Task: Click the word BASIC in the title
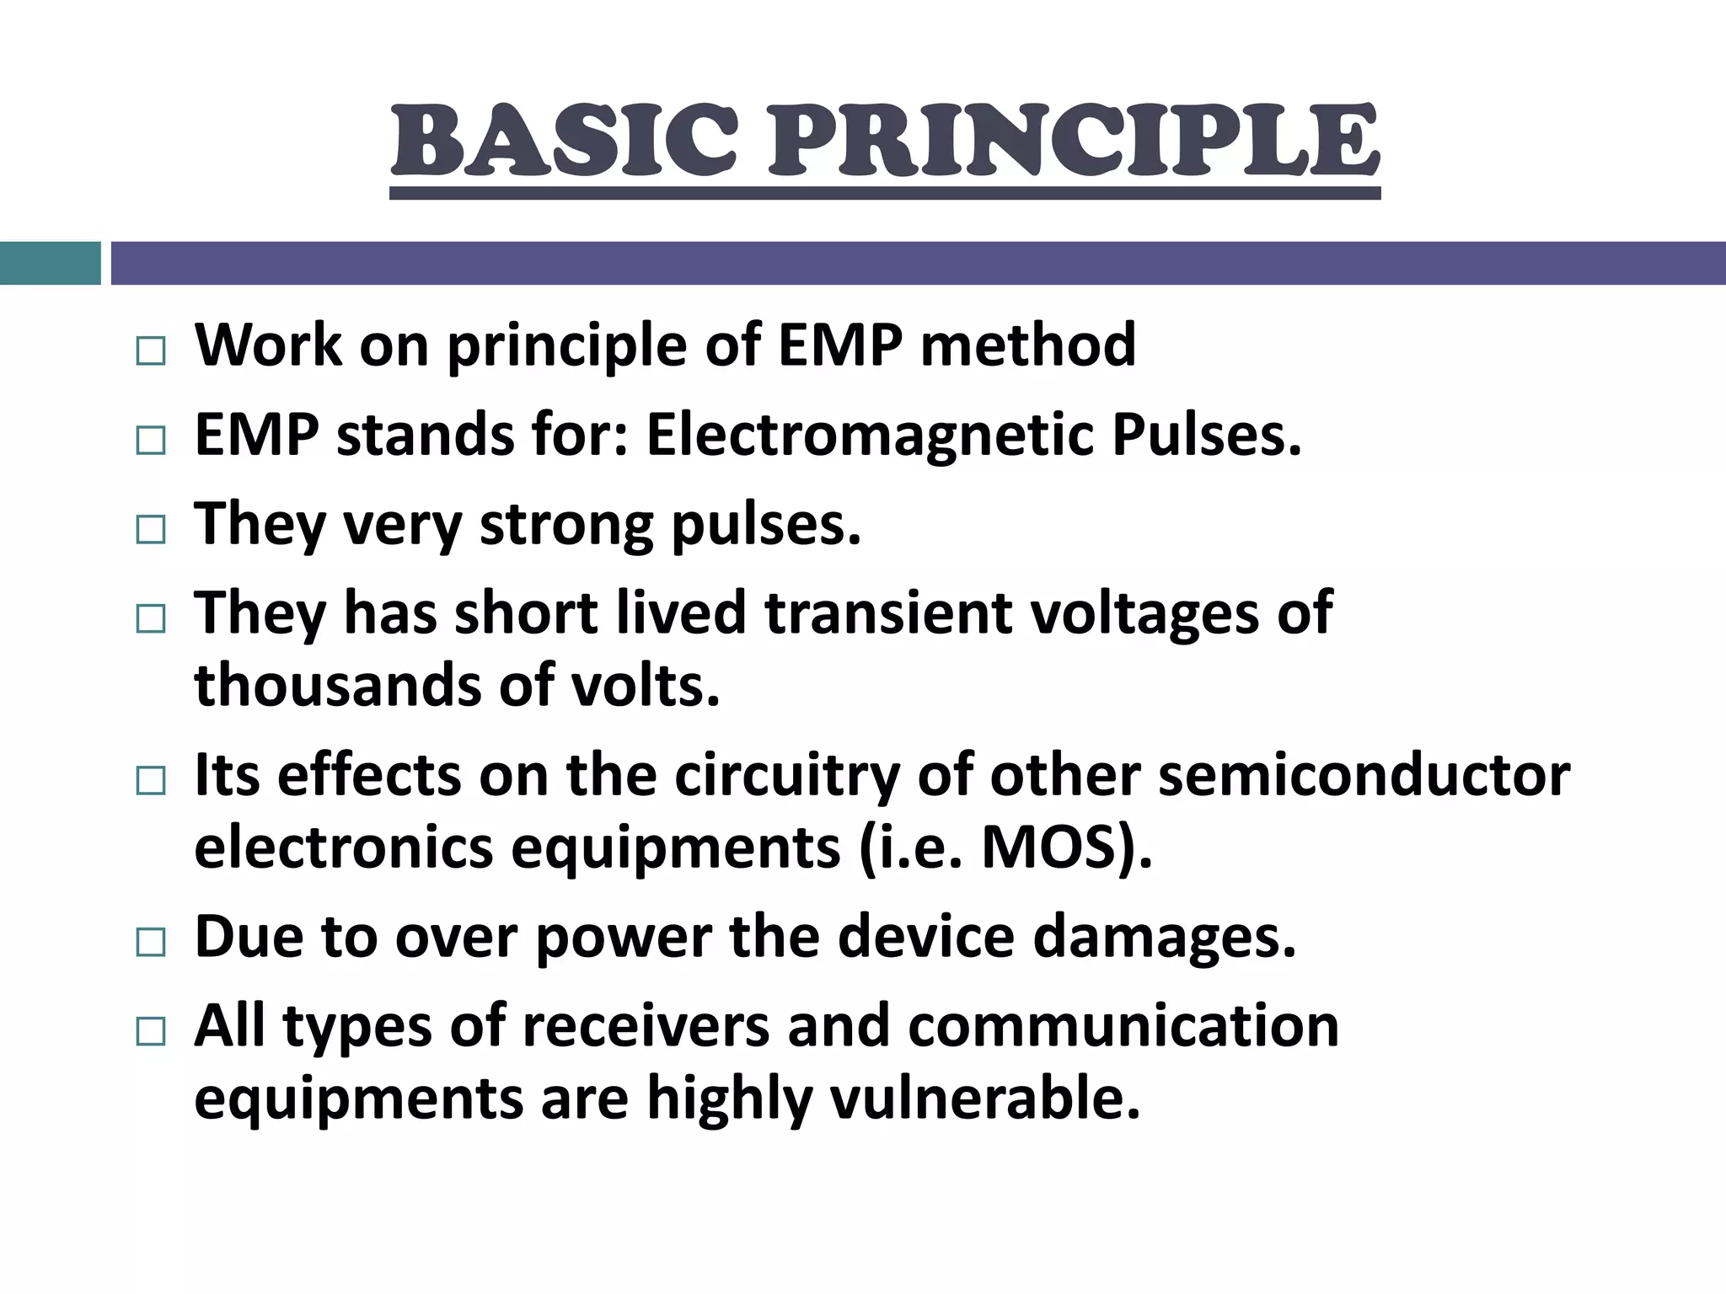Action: [565, 141]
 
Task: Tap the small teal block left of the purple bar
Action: [50, 263]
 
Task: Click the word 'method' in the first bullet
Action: [1027, 345]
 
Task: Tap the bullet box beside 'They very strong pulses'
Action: [151, 530]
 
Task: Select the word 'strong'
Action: [566, 524]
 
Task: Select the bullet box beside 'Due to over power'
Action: [151, 942]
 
